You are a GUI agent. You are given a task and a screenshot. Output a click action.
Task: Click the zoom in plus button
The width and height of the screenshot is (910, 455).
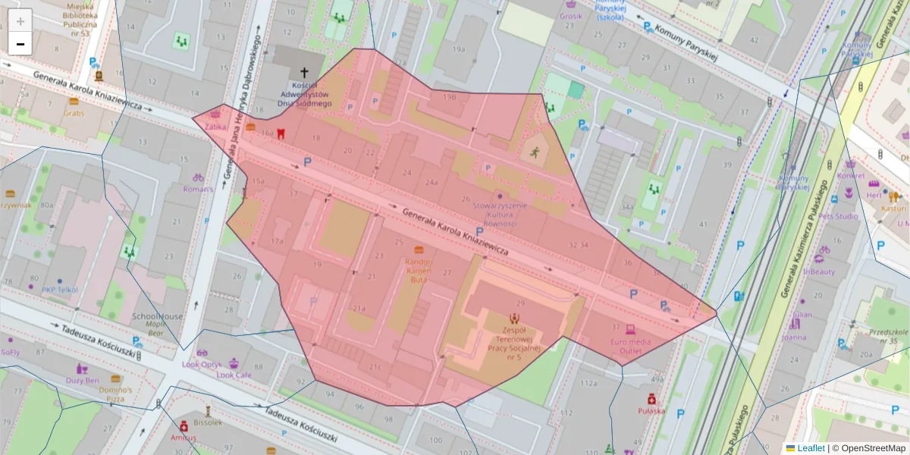click(x=20, y=20)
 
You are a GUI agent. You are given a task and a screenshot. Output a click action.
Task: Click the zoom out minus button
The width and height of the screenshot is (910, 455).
click(x=20, y=44)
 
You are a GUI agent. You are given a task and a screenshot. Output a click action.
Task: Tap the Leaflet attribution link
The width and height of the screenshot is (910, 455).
click(x=811, y=448)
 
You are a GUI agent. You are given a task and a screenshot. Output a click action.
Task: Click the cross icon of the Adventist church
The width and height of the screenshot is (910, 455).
click(x=305, y=73)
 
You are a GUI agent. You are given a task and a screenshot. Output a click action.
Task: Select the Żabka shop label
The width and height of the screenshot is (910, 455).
click(x=215, y=127)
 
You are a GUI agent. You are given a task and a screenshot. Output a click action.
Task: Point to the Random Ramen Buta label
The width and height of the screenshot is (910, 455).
click(x=419, y=270)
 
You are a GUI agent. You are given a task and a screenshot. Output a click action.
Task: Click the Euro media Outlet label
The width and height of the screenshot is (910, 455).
click(x=630, y=346)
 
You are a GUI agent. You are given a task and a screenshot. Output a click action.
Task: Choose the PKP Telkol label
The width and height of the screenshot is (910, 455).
click(x=60, y=289)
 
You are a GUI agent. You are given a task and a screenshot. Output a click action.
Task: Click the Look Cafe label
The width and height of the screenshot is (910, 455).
click(x=234, y=375)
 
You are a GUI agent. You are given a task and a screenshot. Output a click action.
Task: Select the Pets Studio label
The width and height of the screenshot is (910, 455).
click(x=837, y=216)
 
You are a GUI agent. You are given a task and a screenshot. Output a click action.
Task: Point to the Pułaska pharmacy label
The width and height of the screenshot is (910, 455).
click(x=651, y=410)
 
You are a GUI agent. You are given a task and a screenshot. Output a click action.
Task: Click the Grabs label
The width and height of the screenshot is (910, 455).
click(x=74, y=112)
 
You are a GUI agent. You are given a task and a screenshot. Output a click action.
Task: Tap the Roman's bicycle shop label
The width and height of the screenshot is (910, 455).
click(x=198, y=189)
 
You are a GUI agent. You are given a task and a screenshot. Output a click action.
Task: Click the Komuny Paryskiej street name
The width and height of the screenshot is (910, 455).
click(x=686, y=42)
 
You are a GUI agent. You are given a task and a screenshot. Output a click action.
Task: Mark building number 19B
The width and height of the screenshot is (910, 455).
click(x=450, y=97)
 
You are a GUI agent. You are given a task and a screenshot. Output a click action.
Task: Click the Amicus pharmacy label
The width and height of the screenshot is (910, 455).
click(x=183, y=438)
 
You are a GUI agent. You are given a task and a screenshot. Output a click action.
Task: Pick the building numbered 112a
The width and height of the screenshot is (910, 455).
click(x=588, y=383)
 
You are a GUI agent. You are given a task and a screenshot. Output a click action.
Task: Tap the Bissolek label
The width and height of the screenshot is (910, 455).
click(x=208, y=422)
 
